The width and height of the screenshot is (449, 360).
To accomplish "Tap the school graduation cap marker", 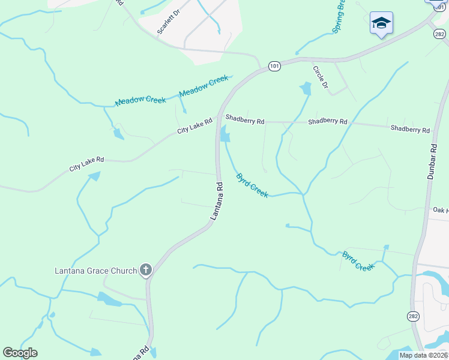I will tap(381, 23).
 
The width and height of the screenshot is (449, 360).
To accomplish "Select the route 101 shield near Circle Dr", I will tap(274, 66).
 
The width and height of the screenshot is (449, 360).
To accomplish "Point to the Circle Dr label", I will tap(320, 77).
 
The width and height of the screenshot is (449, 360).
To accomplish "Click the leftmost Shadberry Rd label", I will tap(245, 121).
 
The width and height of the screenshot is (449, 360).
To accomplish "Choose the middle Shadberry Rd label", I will tap(327, 122).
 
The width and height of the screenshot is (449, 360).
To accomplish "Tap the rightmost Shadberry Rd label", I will tap(410, 129).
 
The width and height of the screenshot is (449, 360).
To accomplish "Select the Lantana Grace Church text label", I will tap(95, 271).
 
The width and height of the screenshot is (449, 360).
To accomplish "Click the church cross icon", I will tap(145, 270).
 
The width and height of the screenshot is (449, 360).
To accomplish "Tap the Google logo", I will tap(20, 353).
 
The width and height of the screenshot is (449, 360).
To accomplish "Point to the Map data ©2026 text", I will tap(423, 355).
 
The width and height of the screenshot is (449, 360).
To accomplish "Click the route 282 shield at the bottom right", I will tap(414, 316).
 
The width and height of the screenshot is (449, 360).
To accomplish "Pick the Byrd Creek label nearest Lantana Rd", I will tap(252, 185).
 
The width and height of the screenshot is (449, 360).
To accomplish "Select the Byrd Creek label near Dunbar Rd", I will tap(358, 261).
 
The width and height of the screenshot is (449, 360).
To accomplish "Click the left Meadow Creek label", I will tap(140, 100).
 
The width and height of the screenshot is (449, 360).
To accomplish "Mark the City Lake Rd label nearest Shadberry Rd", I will tap(195, 125).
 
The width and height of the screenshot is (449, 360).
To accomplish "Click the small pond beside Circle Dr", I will tap(306, 89).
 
